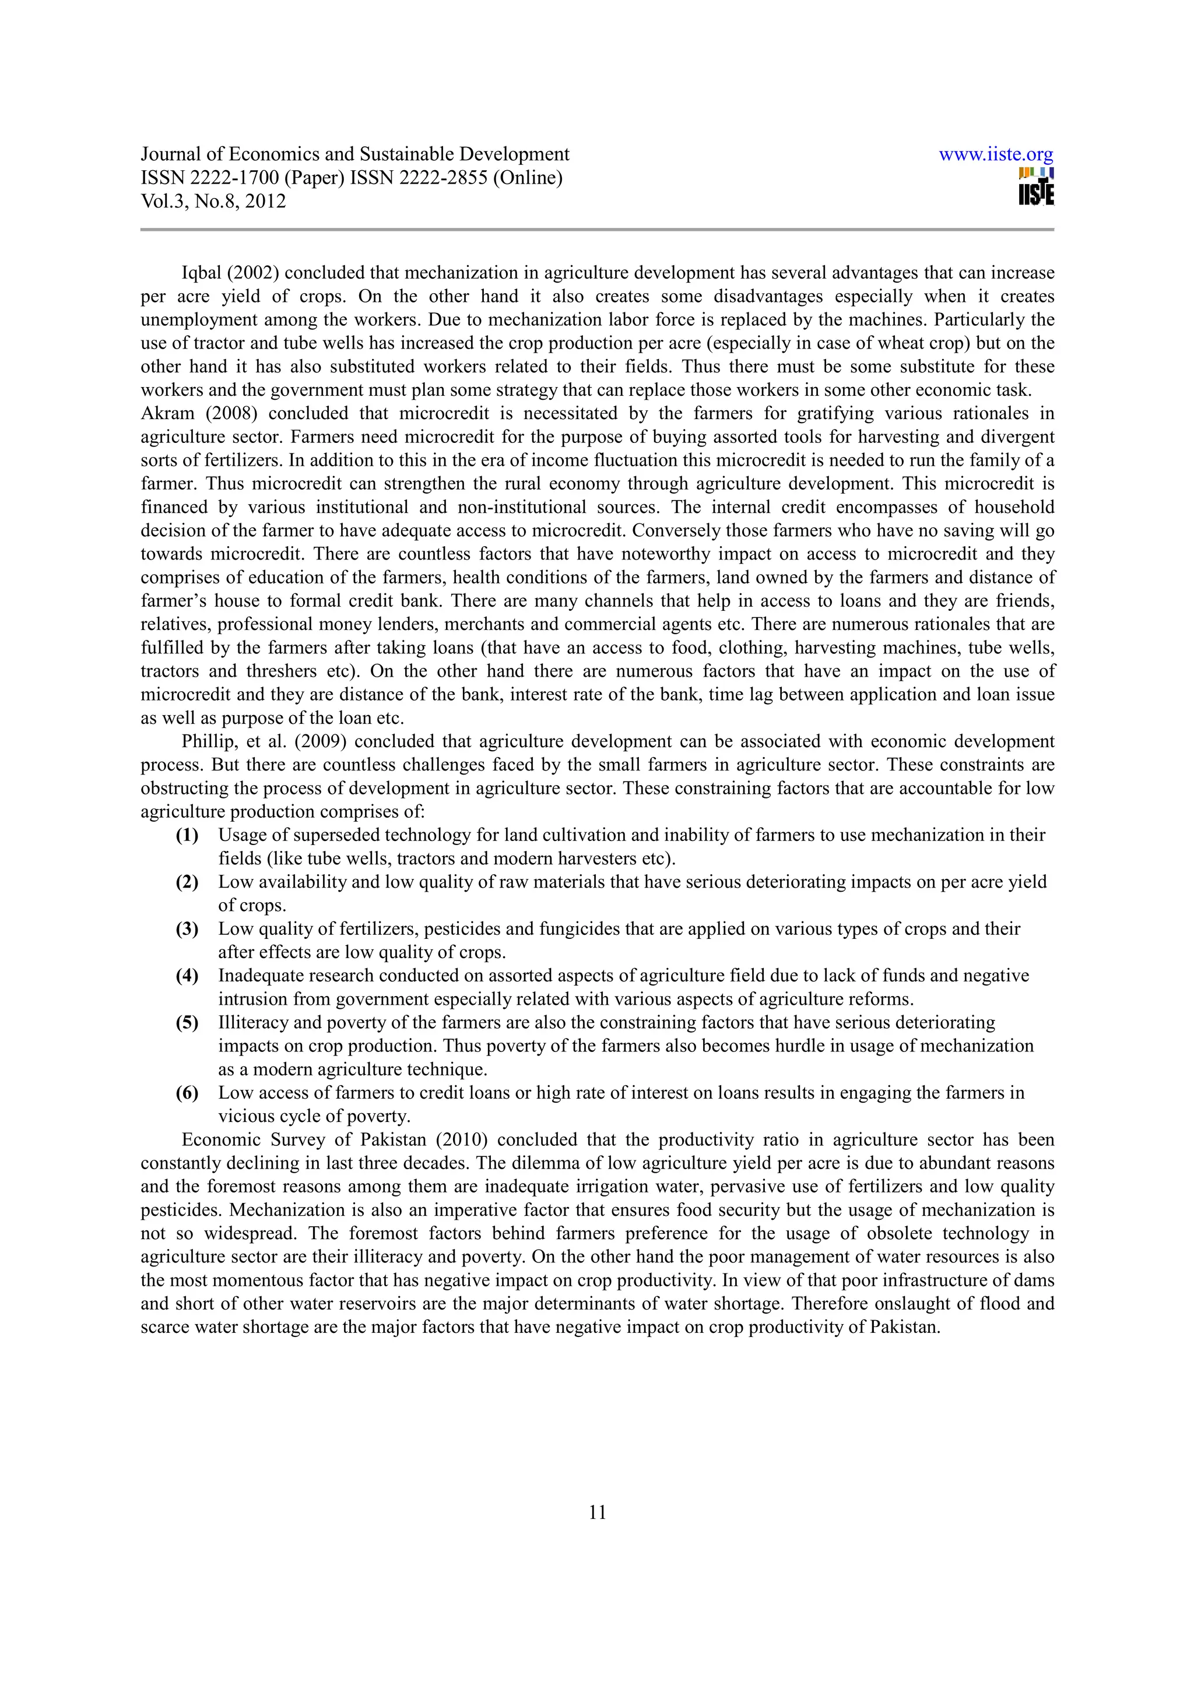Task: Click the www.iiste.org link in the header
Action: click(x=996, y=155)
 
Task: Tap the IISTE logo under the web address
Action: click(x=1036, y=188)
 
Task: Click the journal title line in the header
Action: click(x=354, y=154)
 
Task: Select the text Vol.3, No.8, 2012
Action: click(x=213, y=202)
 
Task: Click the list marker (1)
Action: click(x=187, y=836)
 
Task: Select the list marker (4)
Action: click(x=187, y=976)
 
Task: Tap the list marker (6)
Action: click(x=187, y=1093)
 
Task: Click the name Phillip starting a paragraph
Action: click(x=207, y=741)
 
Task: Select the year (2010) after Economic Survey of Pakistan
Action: click(x=462, y=1140)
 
